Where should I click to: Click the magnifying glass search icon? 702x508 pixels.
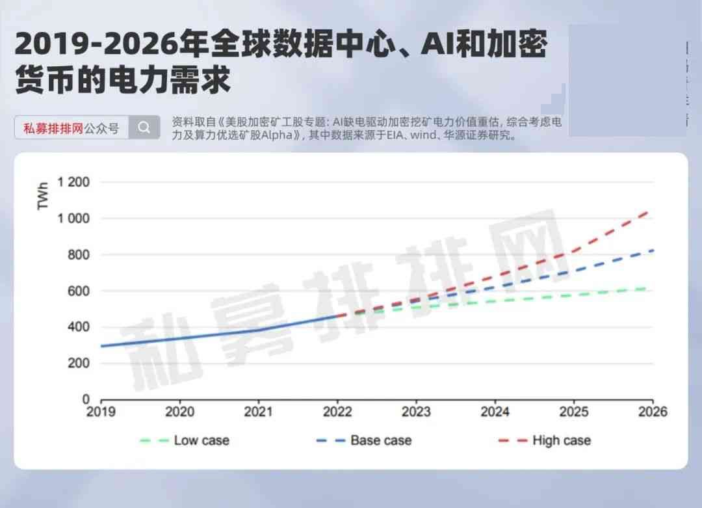tap(144, 127)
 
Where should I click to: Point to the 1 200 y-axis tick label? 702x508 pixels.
tap(73, 182)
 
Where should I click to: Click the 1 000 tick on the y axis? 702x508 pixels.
tap(73, 219)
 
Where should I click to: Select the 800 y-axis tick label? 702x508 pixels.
tap(78, 255)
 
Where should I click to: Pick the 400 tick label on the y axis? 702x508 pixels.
tap(78, 327)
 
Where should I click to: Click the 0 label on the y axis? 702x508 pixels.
tap(86, 399)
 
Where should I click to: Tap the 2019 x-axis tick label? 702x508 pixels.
tap(101, 412)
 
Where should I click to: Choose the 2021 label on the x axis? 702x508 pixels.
tap(259, 412)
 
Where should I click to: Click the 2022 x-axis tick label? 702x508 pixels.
tap(337, 412)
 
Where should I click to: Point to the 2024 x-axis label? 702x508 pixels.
tap(495, 412)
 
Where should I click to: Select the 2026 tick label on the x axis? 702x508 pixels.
tap(653, 412)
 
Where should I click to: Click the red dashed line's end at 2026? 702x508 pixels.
tap(652, 210)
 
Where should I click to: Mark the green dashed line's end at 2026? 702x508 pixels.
tap(652, 287)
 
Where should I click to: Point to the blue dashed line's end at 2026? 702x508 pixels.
tap(652, 250)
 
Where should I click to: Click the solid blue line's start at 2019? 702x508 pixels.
tap(102, 346)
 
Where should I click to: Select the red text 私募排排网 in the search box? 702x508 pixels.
tap(53, 128)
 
